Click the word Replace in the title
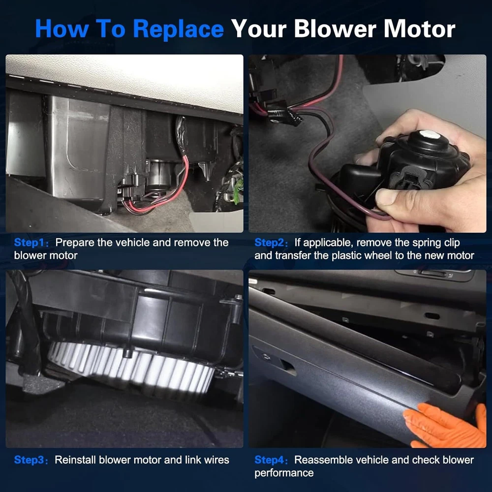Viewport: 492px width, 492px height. click(x=178, y=29)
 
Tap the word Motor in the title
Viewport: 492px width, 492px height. click(x=419, y=29)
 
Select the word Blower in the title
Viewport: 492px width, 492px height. click(x=335, y=29)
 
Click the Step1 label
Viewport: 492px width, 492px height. click(x=31, y=243)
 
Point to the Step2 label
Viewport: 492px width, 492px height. click(x=271, y=243)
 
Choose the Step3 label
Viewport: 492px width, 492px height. click(x=31, y=460)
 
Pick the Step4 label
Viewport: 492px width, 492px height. click(x=271, y=460)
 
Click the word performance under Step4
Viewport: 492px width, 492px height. click(x=284, y=473)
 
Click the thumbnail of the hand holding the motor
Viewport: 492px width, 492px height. click(x=368, y=143)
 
